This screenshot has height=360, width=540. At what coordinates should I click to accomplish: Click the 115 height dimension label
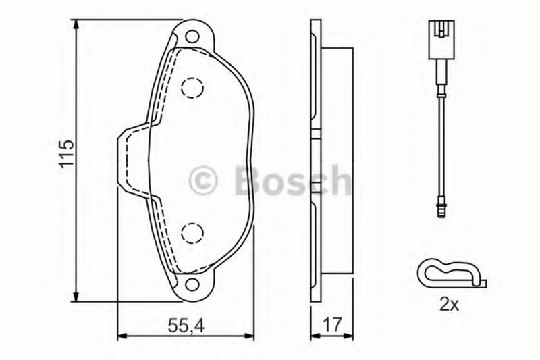[x=66, y=154]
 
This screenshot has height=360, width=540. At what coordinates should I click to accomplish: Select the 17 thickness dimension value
[x=333, y=325]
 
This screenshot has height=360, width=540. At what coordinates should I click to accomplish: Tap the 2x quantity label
[x=450, y=305]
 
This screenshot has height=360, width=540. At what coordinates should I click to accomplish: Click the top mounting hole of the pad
[x=192, y=36]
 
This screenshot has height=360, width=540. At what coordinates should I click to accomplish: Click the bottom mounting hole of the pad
[x=192, y=284]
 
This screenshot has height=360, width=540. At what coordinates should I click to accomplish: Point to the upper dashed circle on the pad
[x=192, y=88]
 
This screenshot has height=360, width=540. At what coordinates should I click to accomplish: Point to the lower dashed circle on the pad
[x=192, y=233]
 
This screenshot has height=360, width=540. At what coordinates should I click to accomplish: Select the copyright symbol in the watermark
[x=203, y=181]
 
